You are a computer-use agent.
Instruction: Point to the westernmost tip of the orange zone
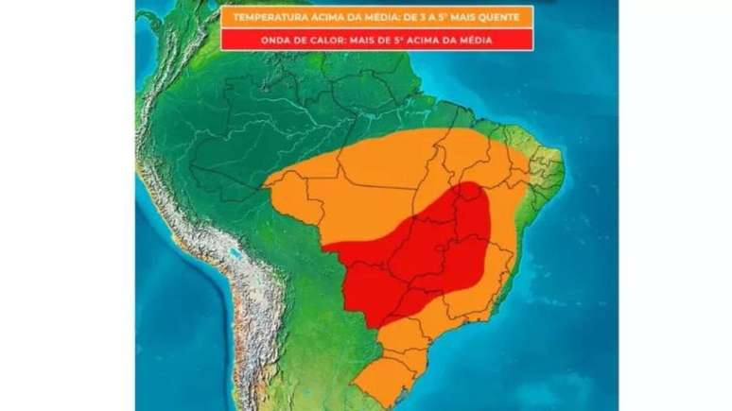tap(268, 180)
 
